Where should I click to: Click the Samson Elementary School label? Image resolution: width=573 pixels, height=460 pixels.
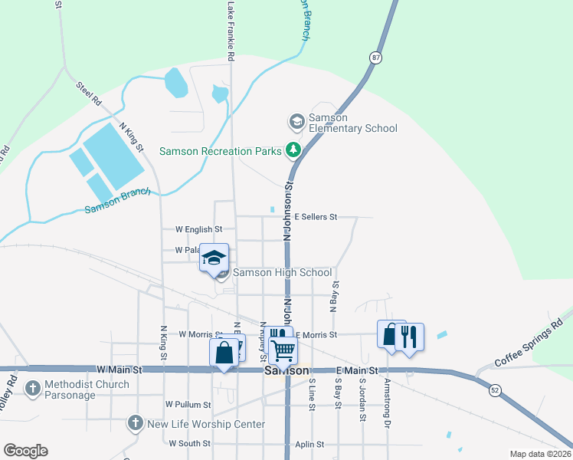352,123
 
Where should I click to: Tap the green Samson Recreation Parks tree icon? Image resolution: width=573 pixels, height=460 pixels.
293,150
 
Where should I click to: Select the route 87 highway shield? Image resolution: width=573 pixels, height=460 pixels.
375,58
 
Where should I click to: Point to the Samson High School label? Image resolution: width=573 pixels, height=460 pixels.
282,272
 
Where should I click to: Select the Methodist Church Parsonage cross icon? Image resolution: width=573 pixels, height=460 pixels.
33,389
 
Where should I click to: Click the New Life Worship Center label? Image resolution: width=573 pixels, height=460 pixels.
206,424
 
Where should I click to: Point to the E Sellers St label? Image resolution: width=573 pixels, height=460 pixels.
315,217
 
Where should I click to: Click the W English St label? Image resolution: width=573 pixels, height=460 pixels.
198,229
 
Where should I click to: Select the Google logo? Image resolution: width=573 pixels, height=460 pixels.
25,451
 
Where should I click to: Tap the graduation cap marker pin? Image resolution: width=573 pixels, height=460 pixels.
214,258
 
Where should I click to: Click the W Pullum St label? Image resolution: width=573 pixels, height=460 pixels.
188,404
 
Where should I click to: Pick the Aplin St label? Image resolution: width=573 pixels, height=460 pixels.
310,444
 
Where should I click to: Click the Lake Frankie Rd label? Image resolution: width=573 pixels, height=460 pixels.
231,31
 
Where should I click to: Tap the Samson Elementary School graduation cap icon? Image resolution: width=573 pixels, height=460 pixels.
296,121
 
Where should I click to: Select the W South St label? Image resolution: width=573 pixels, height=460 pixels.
190,443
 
